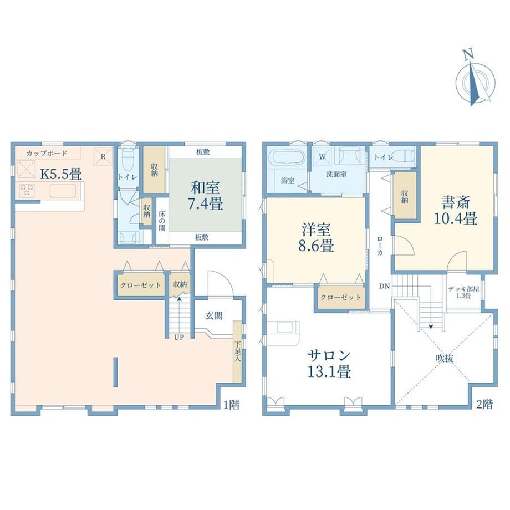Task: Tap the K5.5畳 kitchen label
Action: point(60,174)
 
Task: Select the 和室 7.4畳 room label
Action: point(206,196)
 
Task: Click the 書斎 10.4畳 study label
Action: point(456,210)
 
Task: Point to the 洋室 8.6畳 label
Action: point(316,237)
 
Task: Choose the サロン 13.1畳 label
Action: point(329,363)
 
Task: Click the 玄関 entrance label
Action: point(214,315)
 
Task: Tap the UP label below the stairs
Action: point(179,337)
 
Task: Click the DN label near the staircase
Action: point(384,286)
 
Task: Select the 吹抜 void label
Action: point(445,358)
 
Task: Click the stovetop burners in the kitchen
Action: point(27,190)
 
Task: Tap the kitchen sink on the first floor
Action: point(63,191)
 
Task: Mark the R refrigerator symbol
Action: point(103,156)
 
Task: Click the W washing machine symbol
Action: point(322,157)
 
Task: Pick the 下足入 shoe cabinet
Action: point(237,351)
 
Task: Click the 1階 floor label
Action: point(231,404)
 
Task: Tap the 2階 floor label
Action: point(484,404)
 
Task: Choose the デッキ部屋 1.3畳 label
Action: point(463,292)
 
